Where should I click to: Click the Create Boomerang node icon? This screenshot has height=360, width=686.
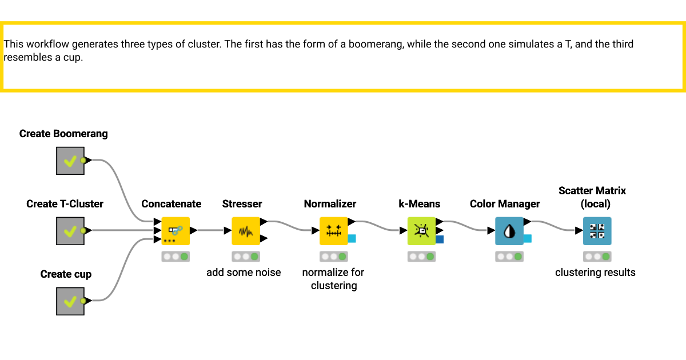pos(70,161)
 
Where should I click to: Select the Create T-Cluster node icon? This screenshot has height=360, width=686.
pos(70,231)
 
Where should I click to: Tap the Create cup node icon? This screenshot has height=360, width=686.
pos(70,301)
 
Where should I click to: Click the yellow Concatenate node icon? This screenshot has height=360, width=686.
pos(176,231)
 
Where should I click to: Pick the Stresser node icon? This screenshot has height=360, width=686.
pos(246,231)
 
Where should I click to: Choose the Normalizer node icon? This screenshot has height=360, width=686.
pos(334,231)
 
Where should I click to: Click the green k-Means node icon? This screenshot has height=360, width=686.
pos(421,231)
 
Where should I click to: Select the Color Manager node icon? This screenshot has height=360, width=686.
pos(509,231)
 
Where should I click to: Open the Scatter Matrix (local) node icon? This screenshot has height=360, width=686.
pos(597,231)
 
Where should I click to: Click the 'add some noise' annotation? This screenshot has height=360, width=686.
pos(244,273)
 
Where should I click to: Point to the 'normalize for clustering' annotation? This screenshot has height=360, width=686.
pos(333,279)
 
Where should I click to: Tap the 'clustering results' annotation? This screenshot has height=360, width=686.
pos(595,273)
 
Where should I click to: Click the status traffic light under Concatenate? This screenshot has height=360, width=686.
pos(176,257)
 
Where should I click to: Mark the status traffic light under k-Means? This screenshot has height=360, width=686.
pos(421,257)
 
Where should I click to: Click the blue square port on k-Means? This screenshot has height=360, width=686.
pos(439,239)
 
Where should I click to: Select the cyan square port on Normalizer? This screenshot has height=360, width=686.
pos(352,239)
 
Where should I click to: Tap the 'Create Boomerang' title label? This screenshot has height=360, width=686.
pos(63,134)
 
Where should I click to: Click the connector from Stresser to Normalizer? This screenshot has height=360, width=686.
pos(292,226)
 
